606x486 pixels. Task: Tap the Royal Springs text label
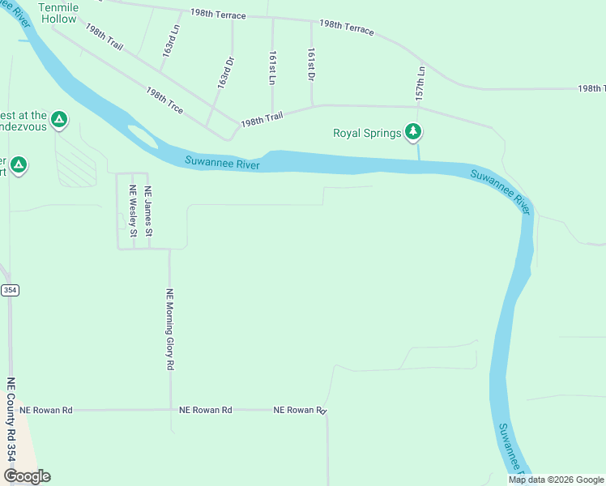(x=367, y=133)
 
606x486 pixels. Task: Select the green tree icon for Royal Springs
(x=414, y=131)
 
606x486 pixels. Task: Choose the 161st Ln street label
(x=272, y=67)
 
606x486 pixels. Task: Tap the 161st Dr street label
(x=311, y=63)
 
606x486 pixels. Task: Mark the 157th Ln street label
(x=420, y=82)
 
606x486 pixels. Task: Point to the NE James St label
(x=148, y=211)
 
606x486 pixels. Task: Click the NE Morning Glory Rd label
(x=170, y=330)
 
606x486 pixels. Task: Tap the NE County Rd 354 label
(x=11, y=420)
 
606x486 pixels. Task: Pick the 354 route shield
(x=10, y=290)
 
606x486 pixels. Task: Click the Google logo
(x=27, y=476)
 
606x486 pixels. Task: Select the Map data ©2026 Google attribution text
(x=555, y=480)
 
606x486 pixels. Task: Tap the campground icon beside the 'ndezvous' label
(x=58, y=121)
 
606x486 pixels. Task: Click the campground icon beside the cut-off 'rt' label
(x=19, y=166)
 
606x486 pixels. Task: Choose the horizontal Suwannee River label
(x=221, y=162)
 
